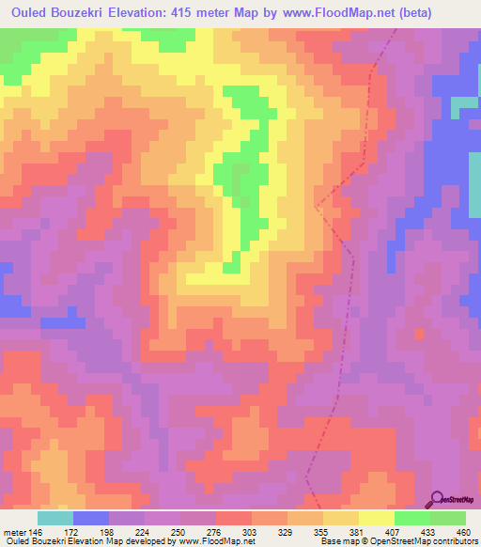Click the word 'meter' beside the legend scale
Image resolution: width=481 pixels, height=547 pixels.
click(13, 532)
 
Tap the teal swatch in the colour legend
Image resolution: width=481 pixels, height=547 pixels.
click(55, 518)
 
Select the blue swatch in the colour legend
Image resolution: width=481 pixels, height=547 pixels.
click(91, 518)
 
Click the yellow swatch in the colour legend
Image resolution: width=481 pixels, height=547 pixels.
click(377, 518)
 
